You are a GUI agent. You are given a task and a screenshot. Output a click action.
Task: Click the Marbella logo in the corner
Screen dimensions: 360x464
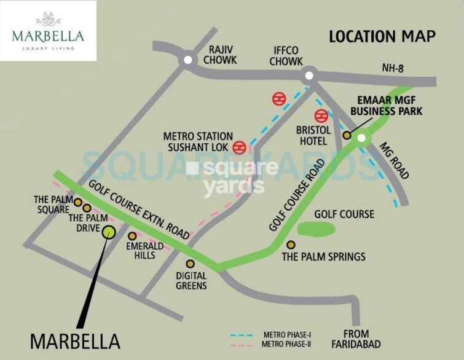tap(48, 31)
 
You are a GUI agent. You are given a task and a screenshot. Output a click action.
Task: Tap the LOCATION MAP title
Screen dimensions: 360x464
tap(382, 36)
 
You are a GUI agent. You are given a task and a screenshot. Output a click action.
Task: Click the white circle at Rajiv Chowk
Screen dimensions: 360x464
tap(187, 61)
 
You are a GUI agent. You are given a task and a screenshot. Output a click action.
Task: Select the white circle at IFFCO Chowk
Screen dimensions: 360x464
tap(309, 76)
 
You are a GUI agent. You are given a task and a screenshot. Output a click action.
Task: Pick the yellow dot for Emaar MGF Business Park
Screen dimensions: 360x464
tap(347, 135)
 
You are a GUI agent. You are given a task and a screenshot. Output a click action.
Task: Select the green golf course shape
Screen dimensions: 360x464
tap(317, 229)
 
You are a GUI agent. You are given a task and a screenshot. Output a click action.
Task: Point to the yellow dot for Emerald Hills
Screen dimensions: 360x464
tap(132, 235)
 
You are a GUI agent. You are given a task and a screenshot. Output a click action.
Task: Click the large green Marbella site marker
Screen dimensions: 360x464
tap(109, 231)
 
